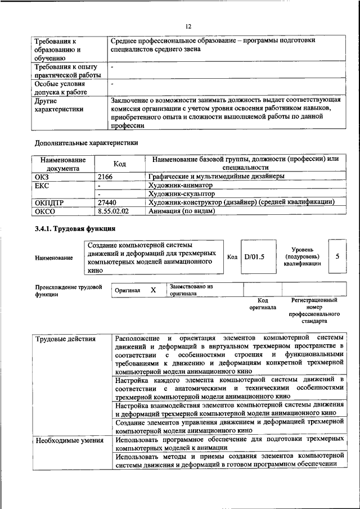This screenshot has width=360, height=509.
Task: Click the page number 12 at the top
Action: tap(188, 26)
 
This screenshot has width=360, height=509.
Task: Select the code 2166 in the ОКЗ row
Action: tap(105, 176)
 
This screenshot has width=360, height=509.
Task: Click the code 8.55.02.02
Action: tap(113, 211)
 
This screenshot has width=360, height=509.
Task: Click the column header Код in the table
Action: tap(119, 164)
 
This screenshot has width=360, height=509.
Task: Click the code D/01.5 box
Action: tap(254, 256)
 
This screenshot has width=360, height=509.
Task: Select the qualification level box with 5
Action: tap(337, 256)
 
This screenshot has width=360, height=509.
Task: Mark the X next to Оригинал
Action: tap(153, 290)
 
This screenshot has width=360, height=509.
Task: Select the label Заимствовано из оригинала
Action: tap(191, 290)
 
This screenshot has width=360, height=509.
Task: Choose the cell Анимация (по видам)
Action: tap(182, 211)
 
